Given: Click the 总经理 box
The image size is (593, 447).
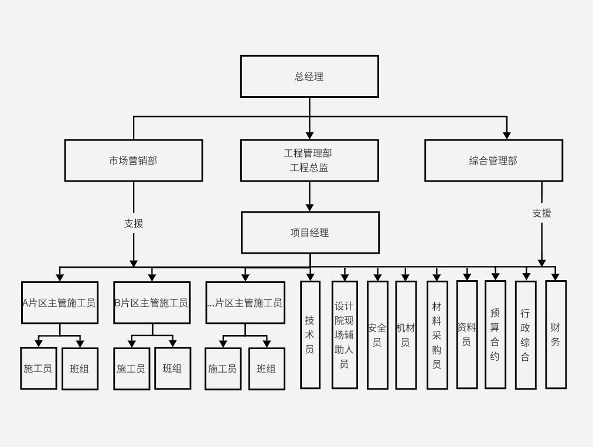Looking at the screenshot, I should coord(309,76).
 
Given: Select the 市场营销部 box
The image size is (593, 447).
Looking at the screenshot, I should coord(134,160).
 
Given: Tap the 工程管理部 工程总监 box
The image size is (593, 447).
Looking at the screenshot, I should coord(309,160).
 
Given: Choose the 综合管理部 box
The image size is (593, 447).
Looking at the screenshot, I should coord(493,160).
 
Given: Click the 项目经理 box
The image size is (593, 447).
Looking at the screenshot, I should coord(310,233).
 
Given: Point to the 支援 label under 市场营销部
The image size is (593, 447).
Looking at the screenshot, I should coord(134,223).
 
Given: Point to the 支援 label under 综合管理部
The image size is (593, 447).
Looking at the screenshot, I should coord(541,213).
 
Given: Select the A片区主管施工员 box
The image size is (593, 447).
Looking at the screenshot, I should coord(60,302).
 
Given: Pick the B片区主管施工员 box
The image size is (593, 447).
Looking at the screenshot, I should coord(152,302).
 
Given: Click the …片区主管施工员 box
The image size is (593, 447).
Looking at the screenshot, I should coord(245,302).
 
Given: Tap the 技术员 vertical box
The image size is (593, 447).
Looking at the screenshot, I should coord(310,335).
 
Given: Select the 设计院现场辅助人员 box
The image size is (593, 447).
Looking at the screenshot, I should coord(345,335).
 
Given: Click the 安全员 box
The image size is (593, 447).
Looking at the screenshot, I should coord(377,335).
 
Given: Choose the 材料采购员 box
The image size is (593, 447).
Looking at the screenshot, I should coord(437,335).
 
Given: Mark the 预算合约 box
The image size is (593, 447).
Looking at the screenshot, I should coord(495,334).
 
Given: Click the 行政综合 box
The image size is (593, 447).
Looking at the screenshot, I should coord(526,335).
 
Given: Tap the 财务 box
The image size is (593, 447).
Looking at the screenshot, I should coord(555,334).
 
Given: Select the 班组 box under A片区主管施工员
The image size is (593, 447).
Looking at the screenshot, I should coord(80,368).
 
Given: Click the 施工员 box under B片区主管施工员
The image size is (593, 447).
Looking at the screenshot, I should coord(131,368).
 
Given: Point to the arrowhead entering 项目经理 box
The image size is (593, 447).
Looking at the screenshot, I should coord(310,207).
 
